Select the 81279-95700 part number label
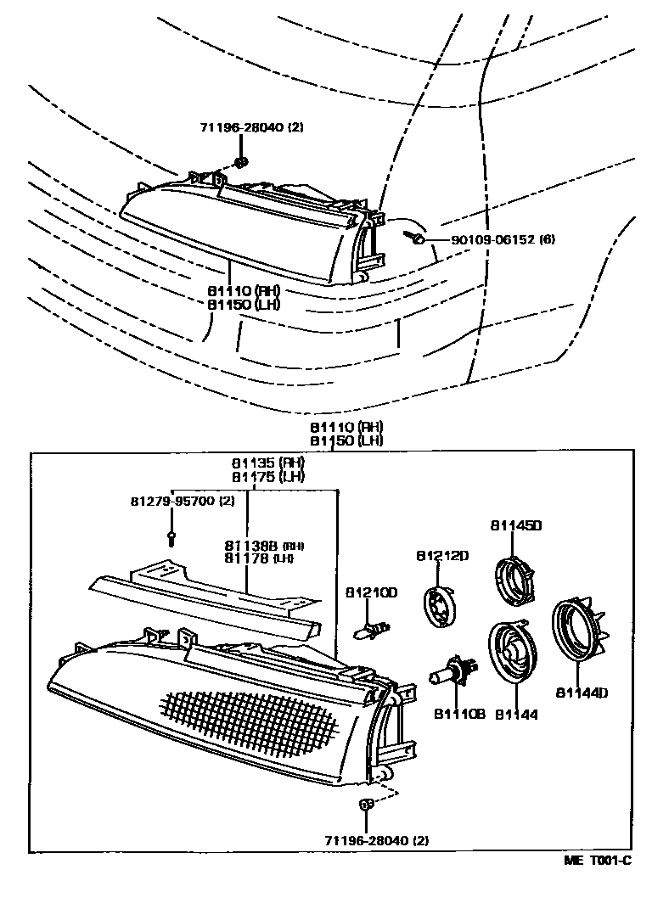click(x=182, y=501)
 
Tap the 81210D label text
click(x=371, y=592)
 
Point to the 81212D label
click(x=442, y=555)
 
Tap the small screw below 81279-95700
click(x=172, y=536)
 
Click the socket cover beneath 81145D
click(x=514, y=580)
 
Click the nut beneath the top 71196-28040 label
click(x=241, y=162)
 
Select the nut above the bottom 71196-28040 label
click(x=367, y=803)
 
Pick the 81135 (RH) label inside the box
click(x=269, y=464)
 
